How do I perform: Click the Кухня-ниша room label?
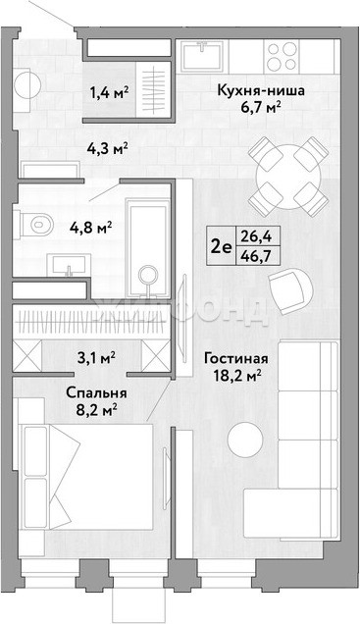coord(261,91)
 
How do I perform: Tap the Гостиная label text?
coord(235,358)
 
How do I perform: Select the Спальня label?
coord(96,393)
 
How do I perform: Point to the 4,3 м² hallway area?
coord(107,149)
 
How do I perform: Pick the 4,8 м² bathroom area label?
coord(91,228)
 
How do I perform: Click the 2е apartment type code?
coord(221,247)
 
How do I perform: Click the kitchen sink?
coord(202,57)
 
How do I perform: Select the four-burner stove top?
coord(282,57)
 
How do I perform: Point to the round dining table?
coord(288,177)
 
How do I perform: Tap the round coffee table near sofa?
coord(245,440)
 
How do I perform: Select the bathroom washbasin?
coord(69,265)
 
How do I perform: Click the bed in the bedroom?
coord(86,477)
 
